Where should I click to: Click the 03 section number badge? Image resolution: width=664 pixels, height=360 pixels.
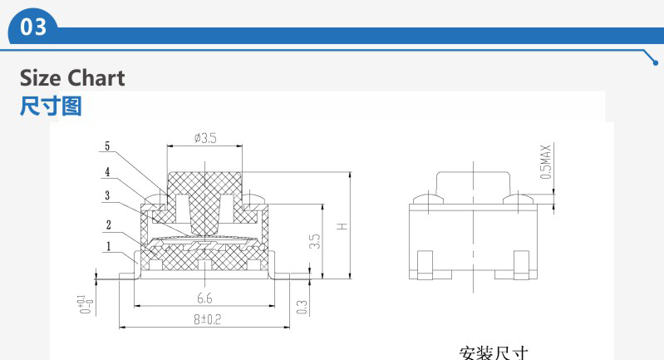point(33,27)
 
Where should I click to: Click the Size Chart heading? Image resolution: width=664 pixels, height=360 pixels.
point(72,78)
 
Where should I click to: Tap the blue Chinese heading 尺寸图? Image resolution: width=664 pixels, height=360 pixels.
point(51,106)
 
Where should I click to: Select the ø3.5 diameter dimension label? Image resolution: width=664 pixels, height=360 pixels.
point(205,138)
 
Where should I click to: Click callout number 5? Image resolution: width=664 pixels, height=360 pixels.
point(107,146)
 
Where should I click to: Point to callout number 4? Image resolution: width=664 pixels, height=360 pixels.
point(107,171)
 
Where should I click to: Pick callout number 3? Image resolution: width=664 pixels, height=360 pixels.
point(107,195)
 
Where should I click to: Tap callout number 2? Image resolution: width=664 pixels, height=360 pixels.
point(108,224)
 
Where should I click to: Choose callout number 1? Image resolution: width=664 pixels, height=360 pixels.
point(108,246)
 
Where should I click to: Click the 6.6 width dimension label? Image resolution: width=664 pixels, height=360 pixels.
point(204,298)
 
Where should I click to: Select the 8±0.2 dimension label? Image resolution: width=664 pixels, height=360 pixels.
point(208,319)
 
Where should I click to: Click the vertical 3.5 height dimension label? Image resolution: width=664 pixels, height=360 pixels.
point(315,241)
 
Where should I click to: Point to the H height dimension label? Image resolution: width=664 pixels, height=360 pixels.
point(342,226)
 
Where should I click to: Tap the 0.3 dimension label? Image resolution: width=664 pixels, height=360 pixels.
point(302,307)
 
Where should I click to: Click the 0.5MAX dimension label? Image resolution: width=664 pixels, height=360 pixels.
point(546,162)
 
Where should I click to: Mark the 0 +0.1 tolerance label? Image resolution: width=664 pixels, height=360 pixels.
point(86,304)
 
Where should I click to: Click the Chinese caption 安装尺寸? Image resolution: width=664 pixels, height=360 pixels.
point(494,353)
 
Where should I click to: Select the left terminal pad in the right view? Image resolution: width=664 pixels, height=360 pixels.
point(425,265)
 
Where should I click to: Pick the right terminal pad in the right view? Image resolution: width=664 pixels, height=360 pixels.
point(521,265)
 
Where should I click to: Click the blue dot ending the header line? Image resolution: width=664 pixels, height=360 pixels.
point(656,63)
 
